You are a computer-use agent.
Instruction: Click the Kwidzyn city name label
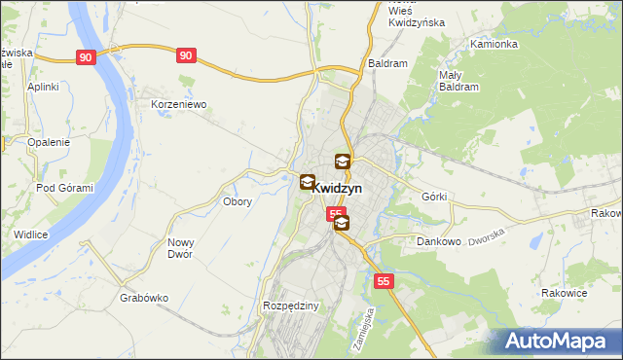coord(339,189)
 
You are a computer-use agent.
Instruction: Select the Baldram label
coord(386,63)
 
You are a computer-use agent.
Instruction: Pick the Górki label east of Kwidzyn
coord(434,197)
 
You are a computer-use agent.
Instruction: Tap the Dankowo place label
coord(437,241)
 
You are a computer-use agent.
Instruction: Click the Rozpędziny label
coord(291,306)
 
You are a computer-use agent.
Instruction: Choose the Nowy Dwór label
coord(180,248)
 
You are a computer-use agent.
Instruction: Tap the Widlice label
coord(31,234)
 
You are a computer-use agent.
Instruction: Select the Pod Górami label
coord(64,188)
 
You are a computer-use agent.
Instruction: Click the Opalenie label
coord(48,142)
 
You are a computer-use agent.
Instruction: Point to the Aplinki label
coord(44,87)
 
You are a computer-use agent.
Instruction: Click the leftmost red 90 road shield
coord(87,58)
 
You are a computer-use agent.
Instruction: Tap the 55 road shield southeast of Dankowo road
coord(385,281)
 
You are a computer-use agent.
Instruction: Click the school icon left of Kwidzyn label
coord(307,181)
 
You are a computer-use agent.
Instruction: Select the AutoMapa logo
coord(555,341)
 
